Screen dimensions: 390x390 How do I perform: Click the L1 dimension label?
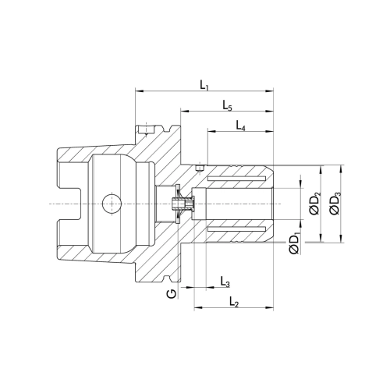coord(204,85)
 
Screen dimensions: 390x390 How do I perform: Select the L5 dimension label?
coord(227,105)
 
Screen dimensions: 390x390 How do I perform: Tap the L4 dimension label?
coord(240,126)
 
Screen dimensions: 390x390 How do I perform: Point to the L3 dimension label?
coord(225,282)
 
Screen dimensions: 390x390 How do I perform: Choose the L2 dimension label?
coord(234,302)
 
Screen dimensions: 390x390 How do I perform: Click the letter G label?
coord(172,294)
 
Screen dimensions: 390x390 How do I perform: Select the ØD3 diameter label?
coord(335,204)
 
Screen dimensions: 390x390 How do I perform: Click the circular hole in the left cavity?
coord(112,204)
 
